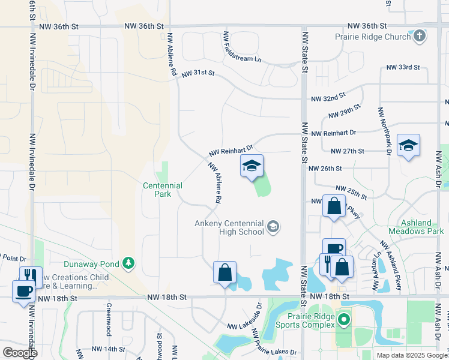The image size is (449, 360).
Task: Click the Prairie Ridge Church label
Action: (372, 37)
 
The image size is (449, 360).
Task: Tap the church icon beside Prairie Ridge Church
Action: (419, 37)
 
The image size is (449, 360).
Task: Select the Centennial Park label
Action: (162, 190)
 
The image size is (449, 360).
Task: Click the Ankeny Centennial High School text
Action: (229, 227)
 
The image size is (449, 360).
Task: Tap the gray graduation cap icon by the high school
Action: (273, 226)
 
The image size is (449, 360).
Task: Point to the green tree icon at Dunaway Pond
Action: (128, 262)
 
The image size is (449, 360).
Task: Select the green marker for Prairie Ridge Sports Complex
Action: (344, 319)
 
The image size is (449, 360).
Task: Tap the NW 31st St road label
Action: (197, 73)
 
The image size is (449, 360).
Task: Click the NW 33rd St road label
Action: (403, 67)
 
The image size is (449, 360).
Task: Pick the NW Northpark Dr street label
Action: (384, 132)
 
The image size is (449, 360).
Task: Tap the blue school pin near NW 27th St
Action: (408, 146)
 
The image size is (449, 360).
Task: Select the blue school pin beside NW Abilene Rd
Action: (252, 166)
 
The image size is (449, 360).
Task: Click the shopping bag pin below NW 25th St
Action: (333, 206)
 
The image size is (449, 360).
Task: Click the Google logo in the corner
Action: (19, 353)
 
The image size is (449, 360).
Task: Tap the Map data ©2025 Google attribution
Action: (411, 355)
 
